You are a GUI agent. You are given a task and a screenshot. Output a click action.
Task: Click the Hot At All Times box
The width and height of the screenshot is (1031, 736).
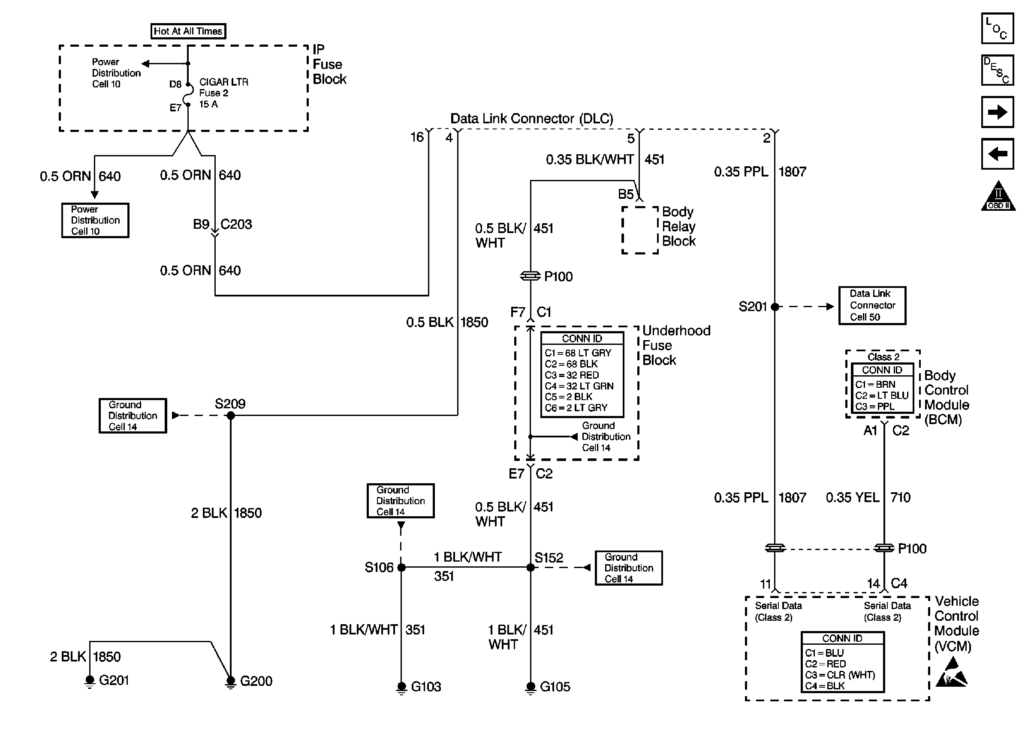point(188,31)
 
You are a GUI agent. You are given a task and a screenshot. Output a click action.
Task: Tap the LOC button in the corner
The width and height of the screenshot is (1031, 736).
point(997,29)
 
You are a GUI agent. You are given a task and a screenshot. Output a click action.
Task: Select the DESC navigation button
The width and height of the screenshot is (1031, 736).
point(997,70)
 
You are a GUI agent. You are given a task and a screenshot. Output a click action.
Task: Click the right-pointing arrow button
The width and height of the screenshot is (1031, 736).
point(997,112)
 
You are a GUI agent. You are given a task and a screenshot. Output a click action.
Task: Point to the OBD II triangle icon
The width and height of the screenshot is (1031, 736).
point(998,197)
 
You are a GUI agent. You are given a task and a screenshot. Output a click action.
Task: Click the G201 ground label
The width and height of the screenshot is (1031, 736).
point(114,680)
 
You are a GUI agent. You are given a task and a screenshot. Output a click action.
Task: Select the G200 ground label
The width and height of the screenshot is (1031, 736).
point(256,681)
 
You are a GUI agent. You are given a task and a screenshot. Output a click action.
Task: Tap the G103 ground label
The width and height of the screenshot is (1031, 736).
point(425,687)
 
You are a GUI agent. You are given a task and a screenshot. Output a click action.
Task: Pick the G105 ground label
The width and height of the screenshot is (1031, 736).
point(555,687)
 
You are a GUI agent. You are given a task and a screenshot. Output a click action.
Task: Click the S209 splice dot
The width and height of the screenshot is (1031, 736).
point(230,416)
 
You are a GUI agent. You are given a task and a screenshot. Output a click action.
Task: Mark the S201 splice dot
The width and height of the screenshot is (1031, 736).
point(775,307)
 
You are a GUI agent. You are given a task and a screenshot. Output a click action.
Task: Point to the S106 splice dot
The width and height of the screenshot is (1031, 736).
point(401,567)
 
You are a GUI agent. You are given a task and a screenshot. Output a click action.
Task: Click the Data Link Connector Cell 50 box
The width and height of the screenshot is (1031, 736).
point(872,305)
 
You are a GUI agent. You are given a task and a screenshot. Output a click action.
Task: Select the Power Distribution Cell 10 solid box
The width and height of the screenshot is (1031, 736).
point(95,220)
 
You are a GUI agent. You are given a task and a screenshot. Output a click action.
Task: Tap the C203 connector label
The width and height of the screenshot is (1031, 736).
point(236,224)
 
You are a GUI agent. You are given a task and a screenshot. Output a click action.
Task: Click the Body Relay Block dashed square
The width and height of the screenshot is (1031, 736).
point(639,230)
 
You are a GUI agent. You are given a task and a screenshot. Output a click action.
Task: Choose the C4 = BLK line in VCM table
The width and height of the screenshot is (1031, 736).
point(825,686)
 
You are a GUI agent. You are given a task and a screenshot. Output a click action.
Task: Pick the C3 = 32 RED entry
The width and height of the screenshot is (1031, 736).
point(572,375)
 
